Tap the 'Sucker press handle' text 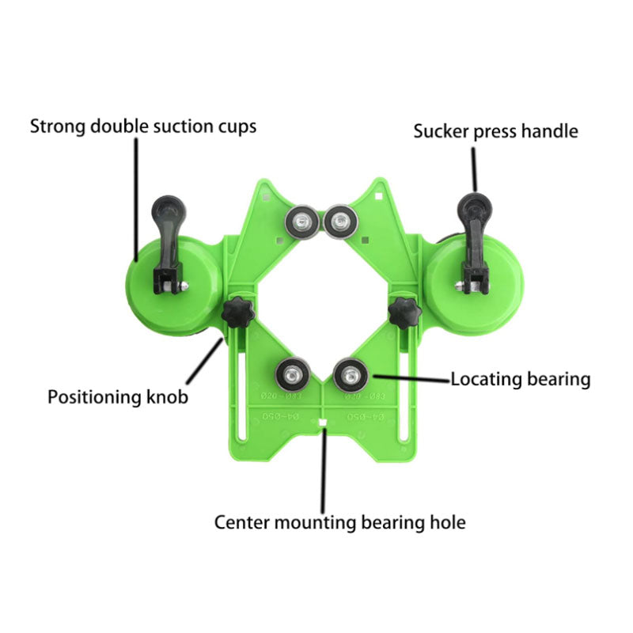[496, 131]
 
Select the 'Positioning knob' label [118, 396]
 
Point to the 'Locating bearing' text [521, 379]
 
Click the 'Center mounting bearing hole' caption [340, 521]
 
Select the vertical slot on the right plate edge [407, 396]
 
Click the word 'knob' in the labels [169, 396]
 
